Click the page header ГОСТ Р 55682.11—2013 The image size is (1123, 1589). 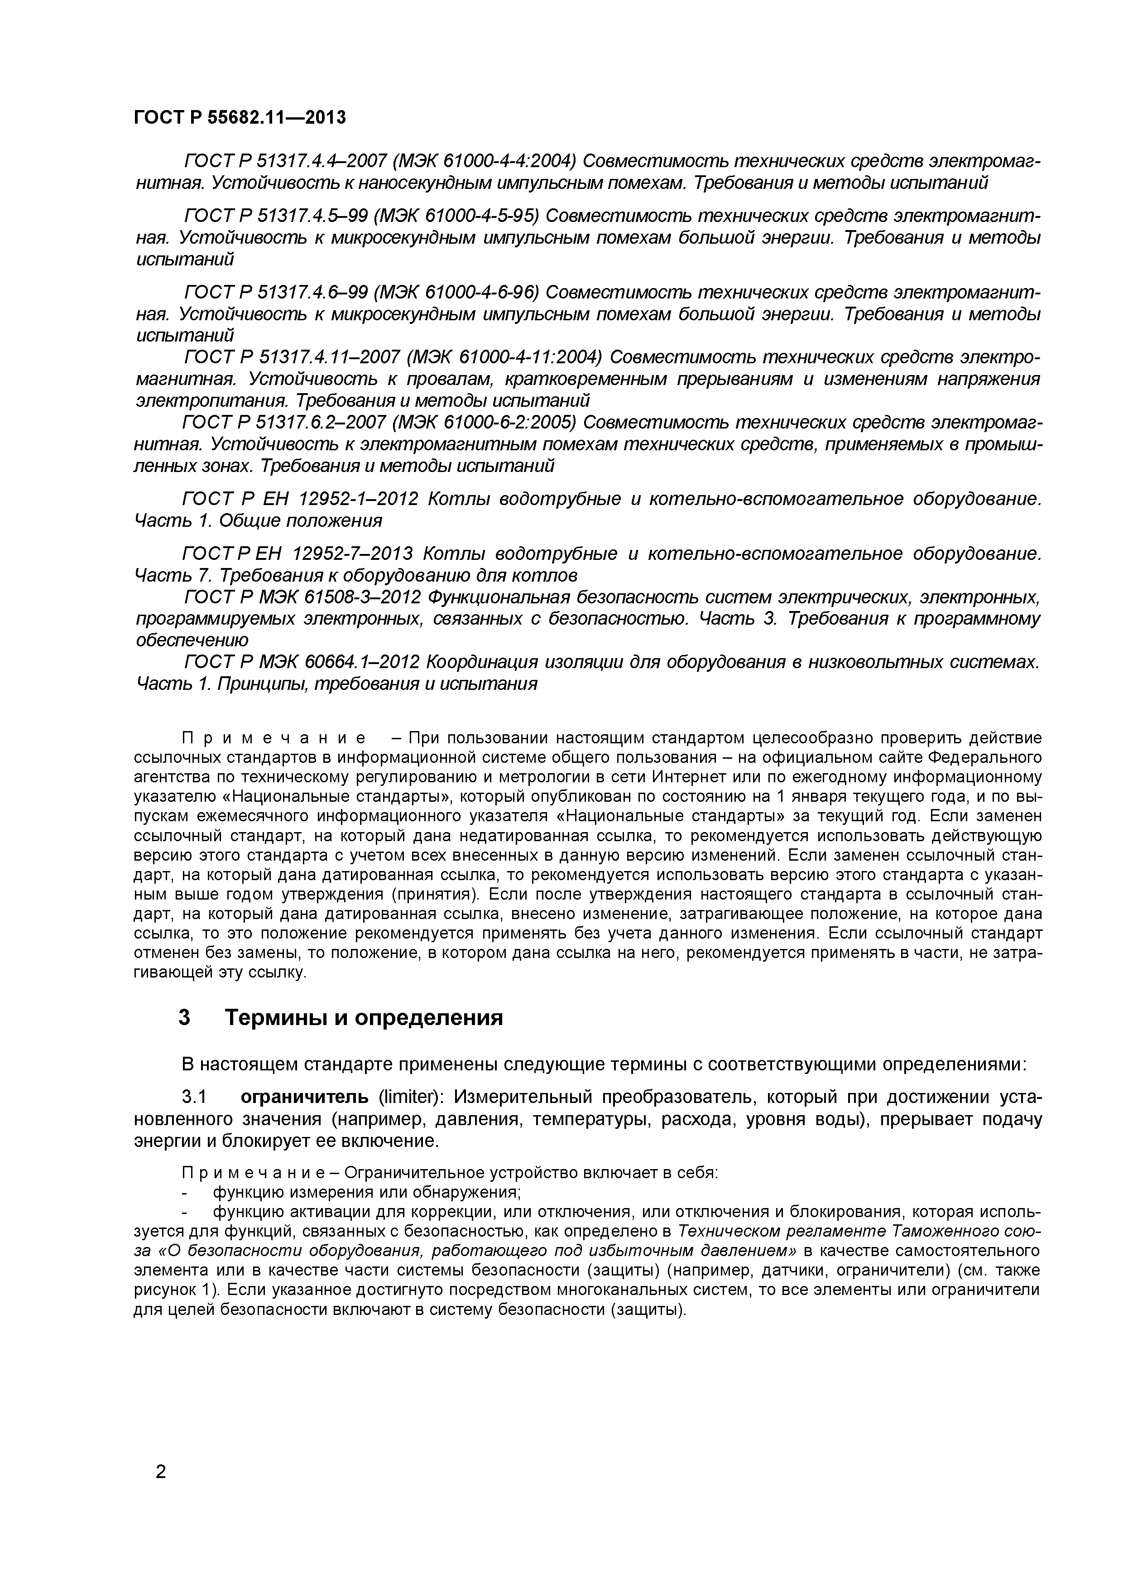point(240,118)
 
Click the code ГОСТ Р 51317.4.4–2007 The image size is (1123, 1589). point(280,161)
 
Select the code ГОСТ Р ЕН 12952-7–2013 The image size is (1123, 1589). point(298,554)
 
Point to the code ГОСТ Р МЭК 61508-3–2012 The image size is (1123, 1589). point(303,597)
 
